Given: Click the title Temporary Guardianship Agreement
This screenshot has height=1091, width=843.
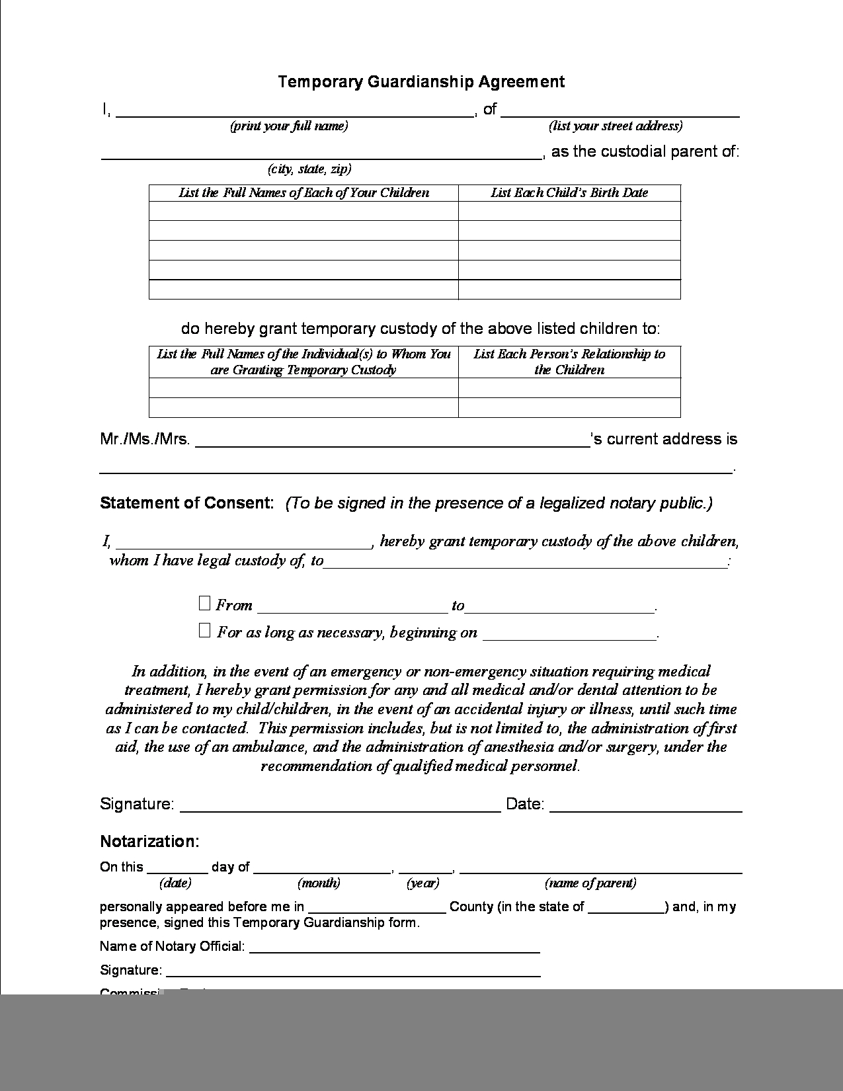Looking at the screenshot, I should (421, 82).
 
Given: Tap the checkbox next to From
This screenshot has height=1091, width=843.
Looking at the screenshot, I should (204, 603).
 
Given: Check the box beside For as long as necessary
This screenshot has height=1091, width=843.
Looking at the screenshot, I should (204, 630).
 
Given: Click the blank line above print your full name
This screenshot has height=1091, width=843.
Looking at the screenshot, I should (295, 114).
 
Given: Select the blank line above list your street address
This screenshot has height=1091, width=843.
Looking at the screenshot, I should (620, 114).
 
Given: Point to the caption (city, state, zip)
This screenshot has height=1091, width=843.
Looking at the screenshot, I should (309, 169).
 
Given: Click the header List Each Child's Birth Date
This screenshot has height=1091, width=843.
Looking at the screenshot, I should (569, 193).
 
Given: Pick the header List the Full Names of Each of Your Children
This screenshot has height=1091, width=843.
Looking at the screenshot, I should (303, 193).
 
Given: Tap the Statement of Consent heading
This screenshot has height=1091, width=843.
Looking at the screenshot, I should (186, 503).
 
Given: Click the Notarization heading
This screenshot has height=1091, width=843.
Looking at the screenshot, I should (149, 841).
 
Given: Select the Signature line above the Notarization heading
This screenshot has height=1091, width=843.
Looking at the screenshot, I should (340, 809).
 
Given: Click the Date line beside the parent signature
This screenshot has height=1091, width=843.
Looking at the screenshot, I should (645, 809).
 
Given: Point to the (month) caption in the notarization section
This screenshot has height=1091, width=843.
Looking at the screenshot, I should (319, 883).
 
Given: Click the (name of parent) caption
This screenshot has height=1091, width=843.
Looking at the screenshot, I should (590, 883).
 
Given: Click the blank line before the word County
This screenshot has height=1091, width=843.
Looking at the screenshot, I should (377, 910).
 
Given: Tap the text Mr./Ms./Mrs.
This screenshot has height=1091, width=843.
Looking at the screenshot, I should (145, 440).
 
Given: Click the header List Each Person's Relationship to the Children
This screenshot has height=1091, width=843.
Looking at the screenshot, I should (569, 362).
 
